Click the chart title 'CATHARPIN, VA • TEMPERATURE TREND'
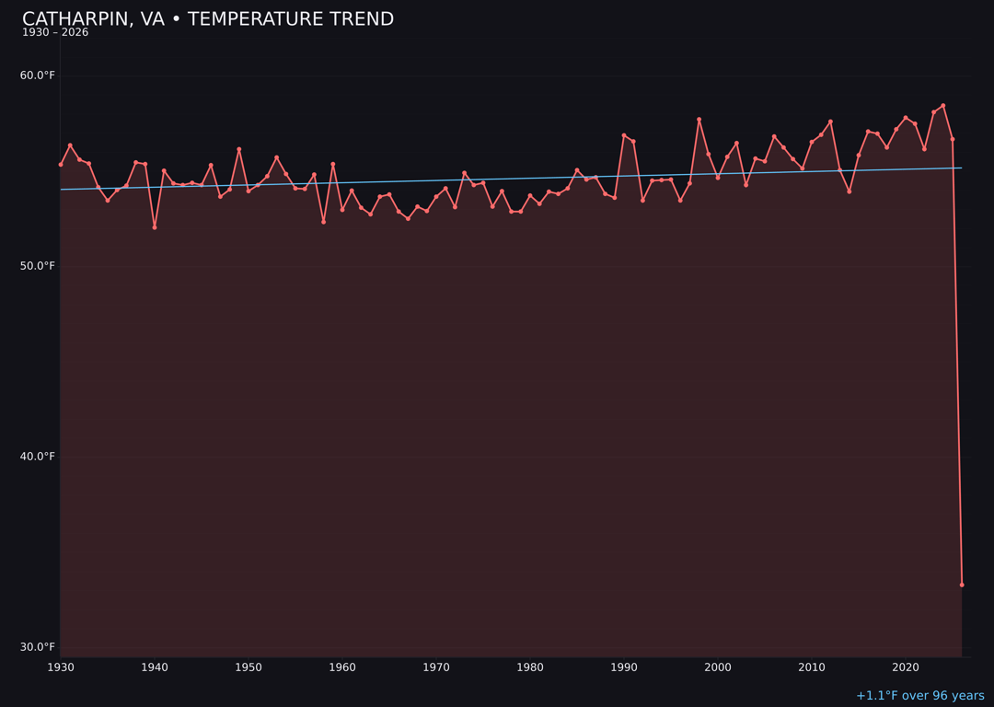tap(208, 19)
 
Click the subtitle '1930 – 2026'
tap(55, 33)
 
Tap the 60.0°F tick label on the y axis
tap(38, 75)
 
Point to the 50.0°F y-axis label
tap(38, 266)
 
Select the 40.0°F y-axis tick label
tap(38, 457)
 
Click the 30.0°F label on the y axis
tap(38, 647)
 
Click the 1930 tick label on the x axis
tap(61, 667)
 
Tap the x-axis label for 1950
tap(248, 667)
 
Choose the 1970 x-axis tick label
tap(436, 667)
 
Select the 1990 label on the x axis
tap(624, 667)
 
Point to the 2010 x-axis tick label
tap(812, 667)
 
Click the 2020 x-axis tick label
tap(906, 667)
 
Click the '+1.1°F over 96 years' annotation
tap(919, 696)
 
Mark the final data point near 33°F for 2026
tap(962, 585)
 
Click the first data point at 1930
tap(61, 165)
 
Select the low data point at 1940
tap(155, 227)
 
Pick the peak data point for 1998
tap(699, 120)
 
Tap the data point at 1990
tap(624, 135)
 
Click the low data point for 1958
tap(323, 222)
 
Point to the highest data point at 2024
tap(943, 106)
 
